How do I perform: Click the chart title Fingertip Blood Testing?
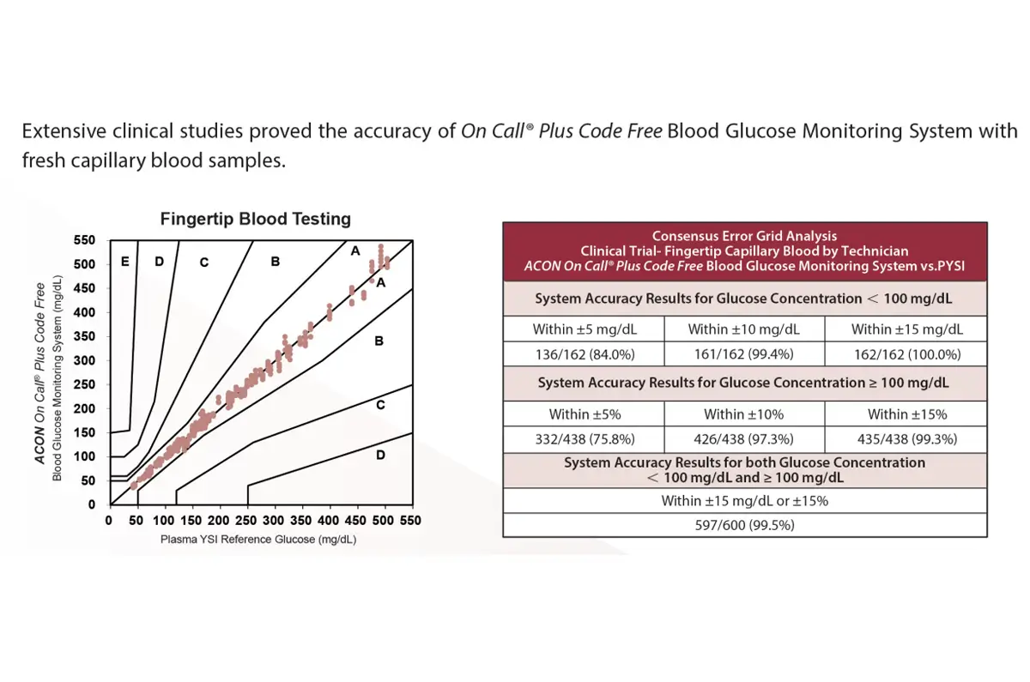tap(255, 219)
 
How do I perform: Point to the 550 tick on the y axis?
tap(84, 240)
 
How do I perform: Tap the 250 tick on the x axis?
tap(245, 521)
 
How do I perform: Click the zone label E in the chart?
tap(124, 262)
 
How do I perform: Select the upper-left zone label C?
tap(204, 263)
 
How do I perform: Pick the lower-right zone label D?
tap(380, 455)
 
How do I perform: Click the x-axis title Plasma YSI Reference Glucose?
tap(258, 540)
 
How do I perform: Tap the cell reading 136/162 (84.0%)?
tap(585, 354)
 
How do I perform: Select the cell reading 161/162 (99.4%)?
tap(743, 353)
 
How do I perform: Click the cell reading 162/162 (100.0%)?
tap(907, 354)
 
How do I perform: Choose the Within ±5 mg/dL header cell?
tap(585, 329)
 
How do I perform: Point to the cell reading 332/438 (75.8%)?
tap(585, 439)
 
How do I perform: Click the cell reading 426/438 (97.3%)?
tap(743, 439)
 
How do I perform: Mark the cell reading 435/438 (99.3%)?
tap(907, 439)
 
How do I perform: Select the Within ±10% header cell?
tap(743, 414)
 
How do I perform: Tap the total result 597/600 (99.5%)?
tap(744, 525)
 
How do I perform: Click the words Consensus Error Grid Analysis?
tap(744, 236)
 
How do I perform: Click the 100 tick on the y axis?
tap(84, 456)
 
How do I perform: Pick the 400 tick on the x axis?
tap(328, 521)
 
